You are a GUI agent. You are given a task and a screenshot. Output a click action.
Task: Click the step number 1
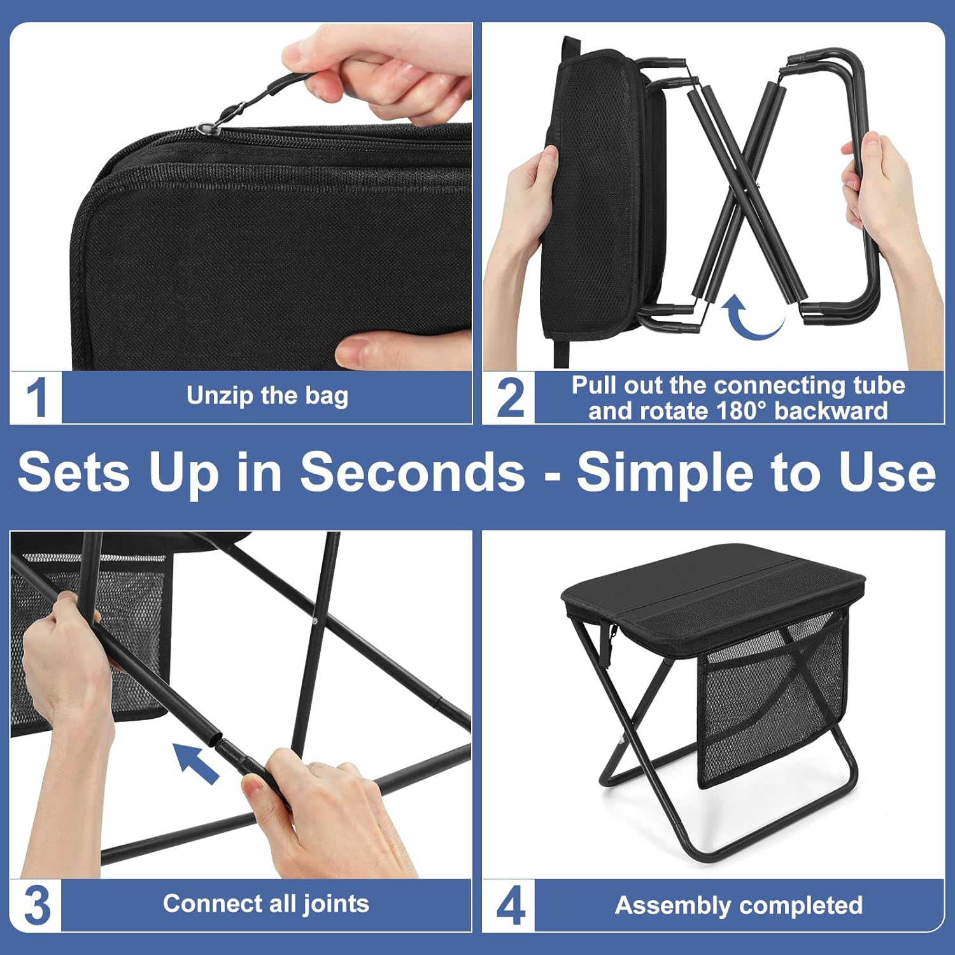point(36,397)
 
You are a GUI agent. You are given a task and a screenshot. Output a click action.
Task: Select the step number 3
point(36,905)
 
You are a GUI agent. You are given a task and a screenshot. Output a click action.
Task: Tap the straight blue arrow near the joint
point(196,762)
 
